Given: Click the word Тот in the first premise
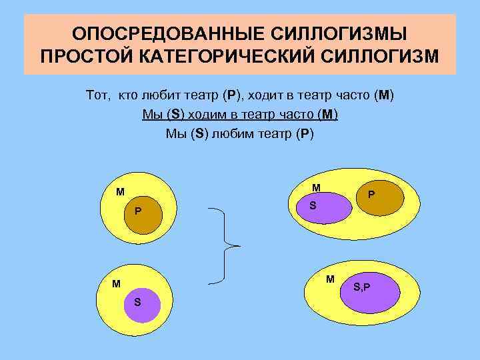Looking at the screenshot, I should pyautogui.click(x=98, y=95).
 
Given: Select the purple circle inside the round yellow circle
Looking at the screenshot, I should pyautogui.click(x=142, y=303).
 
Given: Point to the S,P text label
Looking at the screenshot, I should pyautogui.click(x=363, y=287).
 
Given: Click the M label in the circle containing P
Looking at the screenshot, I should pyautogui.click(x=120, y=192).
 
